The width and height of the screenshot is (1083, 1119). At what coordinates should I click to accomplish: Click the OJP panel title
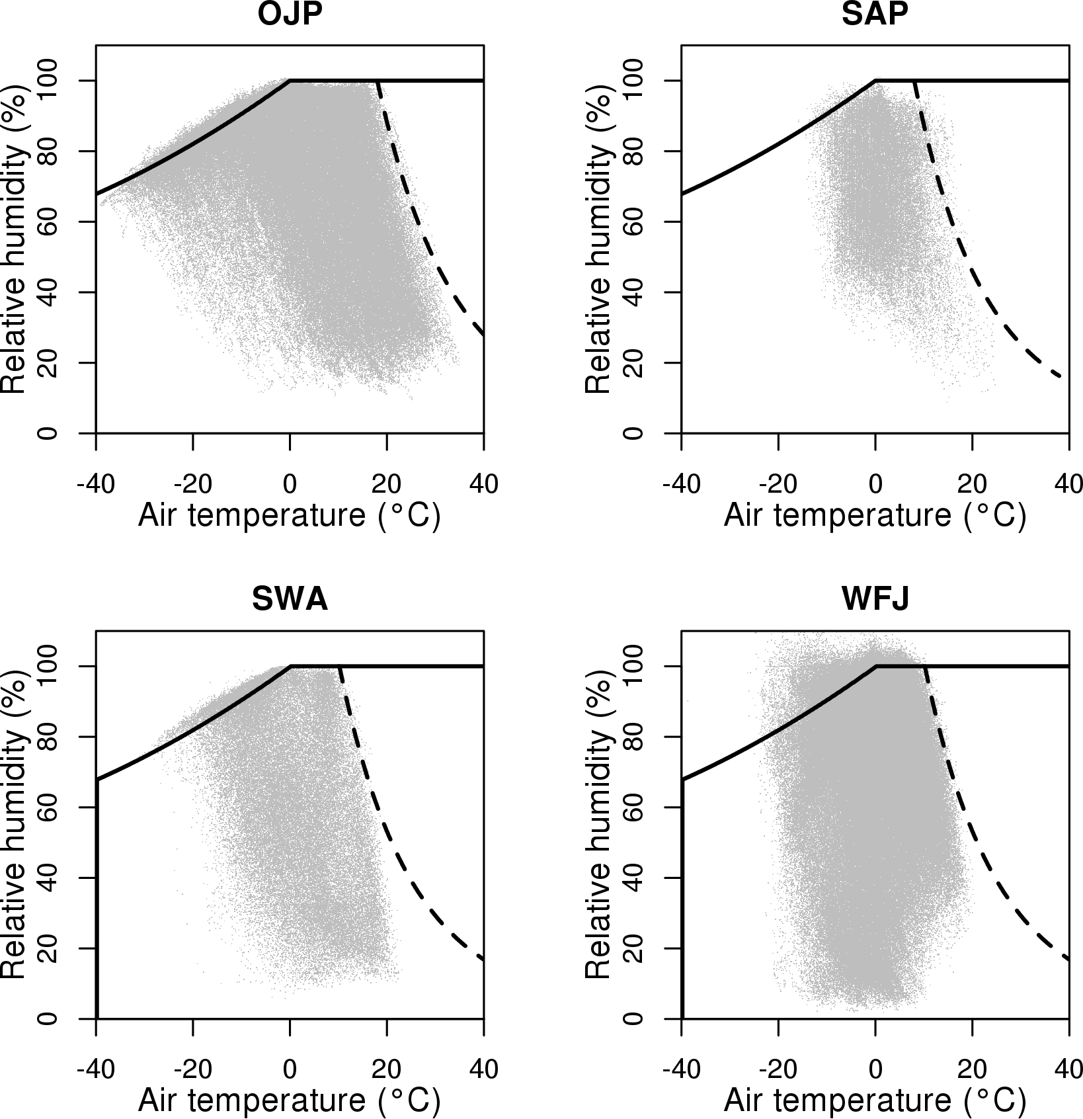coord(290,15)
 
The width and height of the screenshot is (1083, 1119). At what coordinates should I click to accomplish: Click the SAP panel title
coord(875,15)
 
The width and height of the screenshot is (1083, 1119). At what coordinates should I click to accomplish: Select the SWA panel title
coord(290,600)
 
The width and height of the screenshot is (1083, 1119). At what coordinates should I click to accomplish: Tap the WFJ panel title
coord(875,600)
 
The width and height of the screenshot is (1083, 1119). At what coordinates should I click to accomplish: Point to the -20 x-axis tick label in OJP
coord(192,484)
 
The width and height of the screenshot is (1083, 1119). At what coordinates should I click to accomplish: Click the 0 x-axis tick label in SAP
coord(875,484)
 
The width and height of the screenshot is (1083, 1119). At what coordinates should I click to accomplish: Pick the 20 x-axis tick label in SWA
coord(386,1069)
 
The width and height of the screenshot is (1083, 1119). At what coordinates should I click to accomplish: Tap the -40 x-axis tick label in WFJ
coord(681,1069)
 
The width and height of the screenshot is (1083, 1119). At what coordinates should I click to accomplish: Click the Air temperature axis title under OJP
coord(290,516)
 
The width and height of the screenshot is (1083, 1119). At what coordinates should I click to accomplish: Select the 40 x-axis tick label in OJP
coord(483,484)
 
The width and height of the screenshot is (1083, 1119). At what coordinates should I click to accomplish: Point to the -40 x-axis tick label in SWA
coord(96,1069)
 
